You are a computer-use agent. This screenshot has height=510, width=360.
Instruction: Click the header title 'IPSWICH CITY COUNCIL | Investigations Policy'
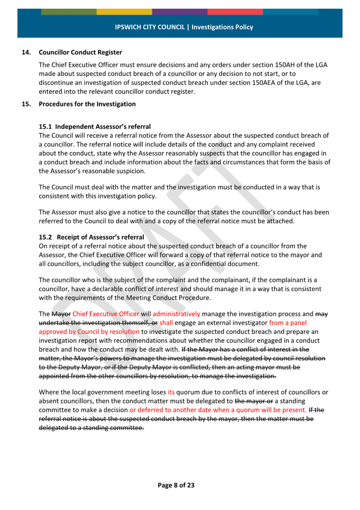184,27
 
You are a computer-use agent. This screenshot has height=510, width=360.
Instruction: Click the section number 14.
26,53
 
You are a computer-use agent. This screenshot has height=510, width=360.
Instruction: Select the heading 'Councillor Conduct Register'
80,53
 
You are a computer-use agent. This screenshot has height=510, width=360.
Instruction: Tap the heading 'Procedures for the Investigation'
87,104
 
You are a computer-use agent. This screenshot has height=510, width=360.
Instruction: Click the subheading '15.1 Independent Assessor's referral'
94,127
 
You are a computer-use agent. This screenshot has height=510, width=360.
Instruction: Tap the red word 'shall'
167,323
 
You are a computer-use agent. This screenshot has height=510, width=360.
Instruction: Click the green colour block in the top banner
69,12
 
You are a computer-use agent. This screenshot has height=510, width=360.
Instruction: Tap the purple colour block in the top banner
180,12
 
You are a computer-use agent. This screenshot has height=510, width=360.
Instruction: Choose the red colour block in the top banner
235,12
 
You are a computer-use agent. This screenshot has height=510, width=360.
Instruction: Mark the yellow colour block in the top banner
124,12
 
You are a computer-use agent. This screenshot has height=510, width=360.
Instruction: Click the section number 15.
26,104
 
